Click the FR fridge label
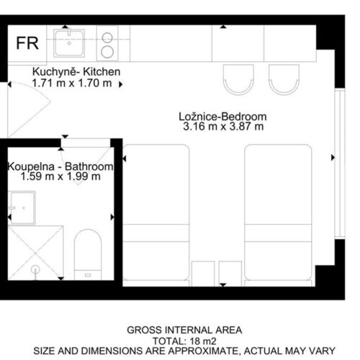(x=27, y=43)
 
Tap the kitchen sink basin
(x=69, y=43)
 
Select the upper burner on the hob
(x=107, y=37)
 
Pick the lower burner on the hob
(x=107, y=52)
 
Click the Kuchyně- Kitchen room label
(x=76, y=72)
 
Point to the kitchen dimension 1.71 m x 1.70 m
(x=72, y=83)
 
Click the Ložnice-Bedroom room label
(x=222, y=117)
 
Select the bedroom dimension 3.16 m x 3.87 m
(x=223, y=127)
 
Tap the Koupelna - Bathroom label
(x=60, y=166)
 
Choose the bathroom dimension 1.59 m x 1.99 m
(x=60, y=176)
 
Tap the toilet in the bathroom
(x=88, y=254)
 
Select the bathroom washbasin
(x=22, y=208)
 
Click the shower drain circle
(x=35, y=269)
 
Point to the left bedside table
(x=203, y=274)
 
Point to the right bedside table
(x=230, y=274)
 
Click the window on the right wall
(x=340, y=163)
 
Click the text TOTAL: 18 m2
(x=184, y=341)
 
